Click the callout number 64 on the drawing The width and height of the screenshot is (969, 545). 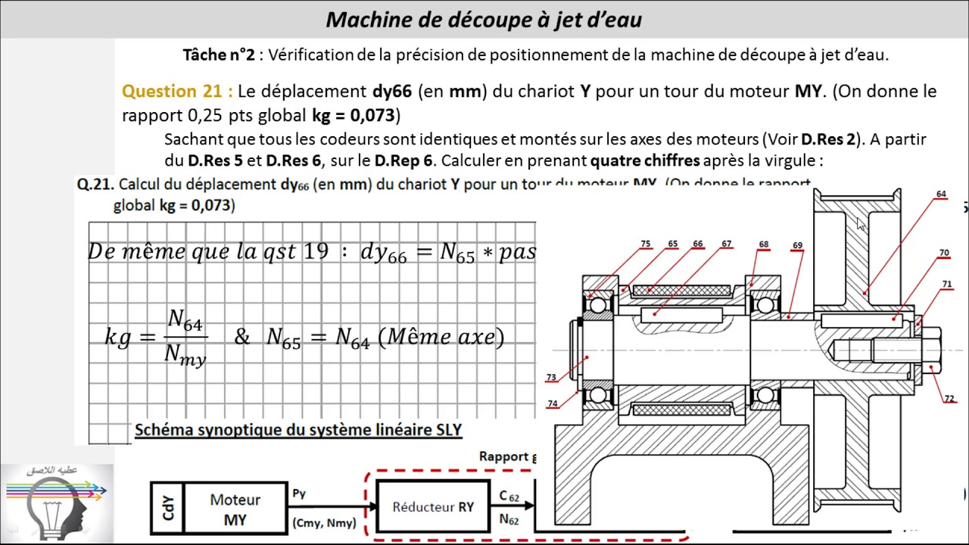click(x=941, y=195)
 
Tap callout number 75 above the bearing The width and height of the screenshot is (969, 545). click(x=645, y=244)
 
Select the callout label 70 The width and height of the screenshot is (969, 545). click(x=944, y=253)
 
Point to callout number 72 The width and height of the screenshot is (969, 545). click(x=949, y=399)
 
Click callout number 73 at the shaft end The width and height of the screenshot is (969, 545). click(x=550, y=377)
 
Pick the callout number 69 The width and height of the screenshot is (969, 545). click(x=797, y=245)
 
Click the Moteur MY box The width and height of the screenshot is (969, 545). click(x=235, y=509)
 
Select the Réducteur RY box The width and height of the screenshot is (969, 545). click(x=433, y=506)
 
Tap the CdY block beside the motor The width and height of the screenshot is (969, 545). click(x=167, y=508)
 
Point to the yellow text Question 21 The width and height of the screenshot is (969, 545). click(x=177, y=92)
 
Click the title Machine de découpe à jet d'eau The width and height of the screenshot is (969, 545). click(x=484, y=20)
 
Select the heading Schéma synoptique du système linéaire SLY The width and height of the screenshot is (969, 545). click(x=298, y=430)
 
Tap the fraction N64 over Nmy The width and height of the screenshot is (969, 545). click(x=185, y=338)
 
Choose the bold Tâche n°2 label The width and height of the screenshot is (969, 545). click(x=219, y=54)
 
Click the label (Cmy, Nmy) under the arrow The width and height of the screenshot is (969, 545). click(x=324, y=523)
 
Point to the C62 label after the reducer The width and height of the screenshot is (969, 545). click(x=509, y=497)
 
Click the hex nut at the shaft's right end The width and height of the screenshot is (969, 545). click(x=931, y=350)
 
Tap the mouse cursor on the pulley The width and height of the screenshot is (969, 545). click(x=860, y=224)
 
